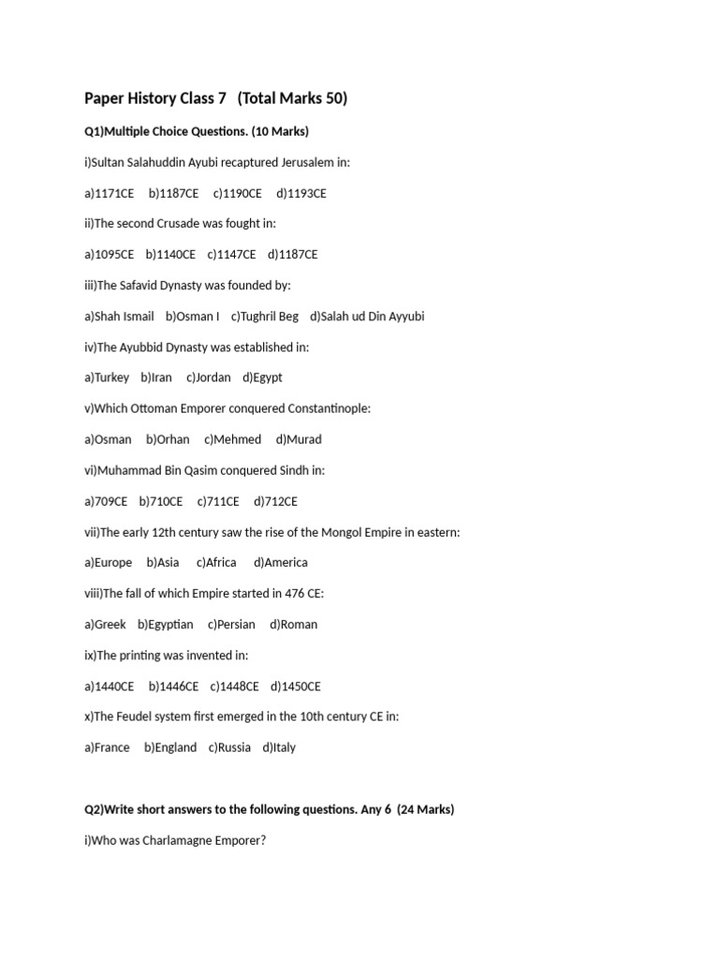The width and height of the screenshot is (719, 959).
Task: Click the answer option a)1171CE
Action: click(x=109, y=193)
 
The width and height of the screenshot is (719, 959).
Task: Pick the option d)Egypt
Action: click(x=262, y=377)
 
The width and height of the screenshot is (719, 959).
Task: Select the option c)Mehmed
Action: click(x=233, y=439)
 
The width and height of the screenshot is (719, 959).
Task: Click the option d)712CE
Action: click(x=275, y=501)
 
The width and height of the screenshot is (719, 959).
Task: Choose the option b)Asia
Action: click(x=163, y=562)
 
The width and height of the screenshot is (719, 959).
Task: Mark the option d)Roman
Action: click(x=294, y=624)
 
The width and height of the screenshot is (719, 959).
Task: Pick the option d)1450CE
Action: click(x=296, y=686)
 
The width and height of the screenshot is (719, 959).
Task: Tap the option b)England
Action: click(x=170, y=747)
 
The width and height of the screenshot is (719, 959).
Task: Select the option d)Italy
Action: click(x=279, y=747)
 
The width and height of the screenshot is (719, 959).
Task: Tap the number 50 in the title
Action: click(x=332, y=98)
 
